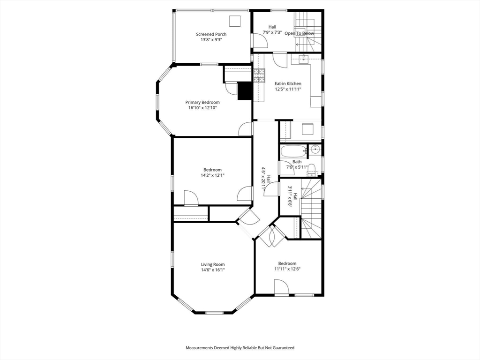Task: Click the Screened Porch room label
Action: pyautogui.click(x=211, y=34)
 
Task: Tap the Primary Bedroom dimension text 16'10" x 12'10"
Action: pyautogui.click(x=202, y=108)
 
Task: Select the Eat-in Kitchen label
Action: pyautogui.click(x=288, y=83)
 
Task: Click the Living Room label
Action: pyautogui.click(x=213, y=264)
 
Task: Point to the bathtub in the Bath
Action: pyautogui.click(x=293, y=150)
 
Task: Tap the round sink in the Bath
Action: pyautogui.click(x=315, y=150)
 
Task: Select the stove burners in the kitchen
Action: pyautogui.click(x=259, y=75)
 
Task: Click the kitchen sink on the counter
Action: pyautogui.click(x=303, y=59)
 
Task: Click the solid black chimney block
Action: pyautogui.click(x=245, y=91)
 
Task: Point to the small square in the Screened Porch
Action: pyautogui.click(x=235, y=21)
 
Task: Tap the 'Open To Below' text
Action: pyautogui.click(x=300, y=33)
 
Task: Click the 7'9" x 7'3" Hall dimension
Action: pyautogui.click(x=272, y=32)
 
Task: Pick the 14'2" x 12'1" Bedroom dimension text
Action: pyautogui.click(x=212, y=175)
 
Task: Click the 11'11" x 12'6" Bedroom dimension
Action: pyautogui.click(x=287, y=269)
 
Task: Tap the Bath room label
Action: pyautogui.click(x=297, y=162)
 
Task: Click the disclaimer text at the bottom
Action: pyautogui.click(x=240, y=348)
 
